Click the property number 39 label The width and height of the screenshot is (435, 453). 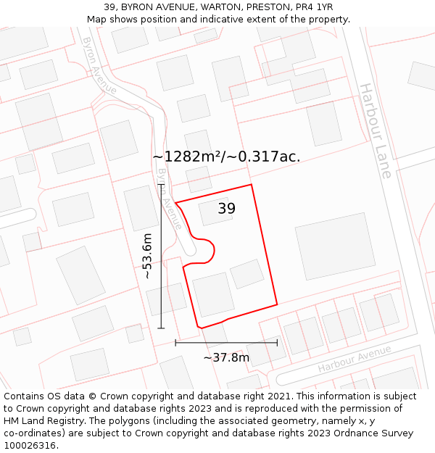227,209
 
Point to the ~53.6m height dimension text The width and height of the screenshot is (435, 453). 148,256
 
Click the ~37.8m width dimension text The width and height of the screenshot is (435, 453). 226,357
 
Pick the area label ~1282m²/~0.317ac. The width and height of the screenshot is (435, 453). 226,157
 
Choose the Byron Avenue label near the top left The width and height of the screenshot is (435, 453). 99,65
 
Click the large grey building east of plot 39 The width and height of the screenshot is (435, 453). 335,246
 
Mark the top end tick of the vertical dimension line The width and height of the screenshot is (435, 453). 161,185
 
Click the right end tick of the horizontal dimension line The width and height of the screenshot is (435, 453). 277,343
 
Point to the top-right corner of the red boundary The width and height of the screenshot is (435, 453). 251,185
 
